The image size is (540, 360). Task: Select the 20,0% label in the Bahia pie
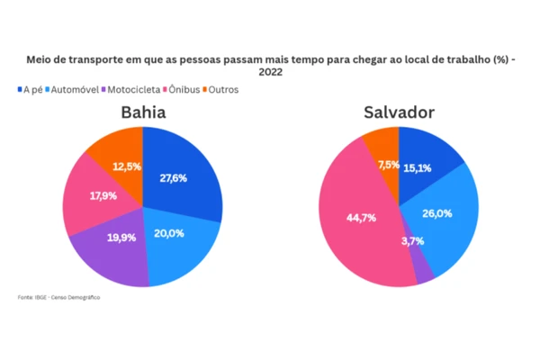170,234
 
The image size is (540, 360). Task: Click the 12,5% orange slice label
126,166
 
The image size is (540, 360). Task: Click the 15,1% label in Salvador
417,167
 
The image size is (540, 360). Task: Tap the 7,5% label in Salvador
389,165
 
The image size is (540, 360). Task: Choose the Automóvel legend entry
74,90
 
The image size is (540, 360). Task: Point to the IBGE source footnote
58,297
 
